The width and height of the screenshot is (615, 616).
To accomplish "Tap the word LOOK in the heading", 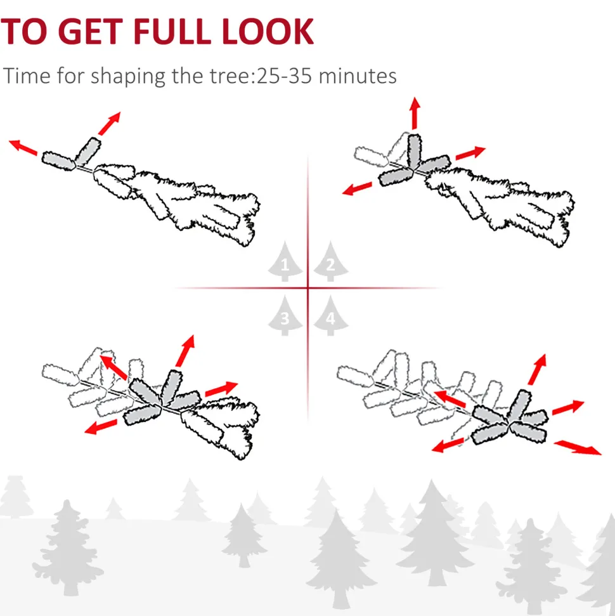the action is coord(268,31).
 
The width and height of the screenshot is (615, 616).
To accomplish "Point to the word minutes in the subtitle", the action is coord(358,76).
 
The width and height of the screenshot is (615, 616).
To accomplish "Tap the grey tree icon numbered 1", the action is coord(285,261).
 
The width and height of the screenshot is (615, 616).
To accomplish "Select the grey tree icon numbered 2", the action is coord(331,261).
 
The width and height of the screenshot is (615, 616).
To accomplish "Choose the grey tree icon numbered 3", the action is coord(285,316).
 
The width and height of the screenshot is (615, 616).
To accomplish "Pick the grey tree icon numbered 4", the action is coord(331,316).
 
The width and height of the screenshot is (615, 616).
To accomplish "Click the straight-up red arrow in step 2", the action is coord(415,113).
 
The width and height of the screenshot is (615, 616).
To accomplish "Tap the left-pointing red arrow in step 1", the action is coord(23,147).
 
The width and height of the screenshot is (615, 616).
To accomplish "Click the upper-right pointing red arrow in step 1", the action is coord(110,123).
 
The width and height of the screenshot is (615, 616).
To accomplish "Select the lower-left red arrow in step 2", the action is coord(358,188).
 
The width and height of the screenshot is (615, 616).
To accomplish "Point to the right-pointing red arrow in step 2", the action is coord(470,154).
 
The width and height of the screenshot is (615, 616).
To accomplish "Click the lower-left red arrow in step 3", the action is coord(101,427).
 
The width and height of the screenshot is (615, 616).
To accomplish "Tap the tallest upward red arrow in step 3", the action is coord(185,351).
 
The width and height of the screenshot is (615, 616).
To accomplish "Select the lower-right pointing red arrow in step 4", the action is coord(578,447).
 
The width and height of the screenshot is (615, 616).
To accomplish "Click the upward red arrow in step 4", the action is coord(537,369).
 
